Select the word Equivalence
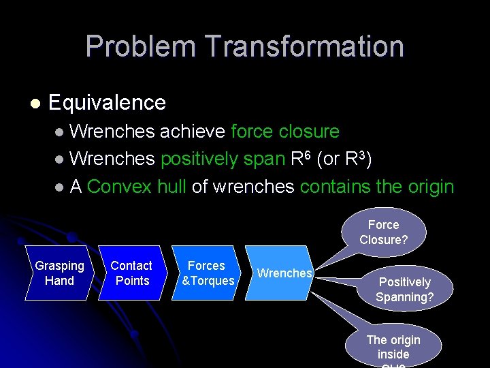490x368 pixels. [107, 103]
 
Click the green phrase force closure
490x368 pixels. [285, 131]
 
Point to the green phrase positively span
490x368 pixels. [222, 159]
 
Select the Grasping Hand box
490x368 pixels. [59, 273]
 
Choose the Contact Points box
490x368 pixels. [132, 273]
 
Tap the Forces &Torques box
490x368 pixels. [207, 273]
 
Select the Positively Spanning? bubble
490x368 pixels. [406, 290]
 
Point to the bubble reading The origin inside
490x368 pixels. [393, 347]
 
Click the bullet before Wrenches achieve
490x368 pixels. [61, 132]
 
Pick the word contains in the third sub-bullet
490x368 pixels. [333, 187]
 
